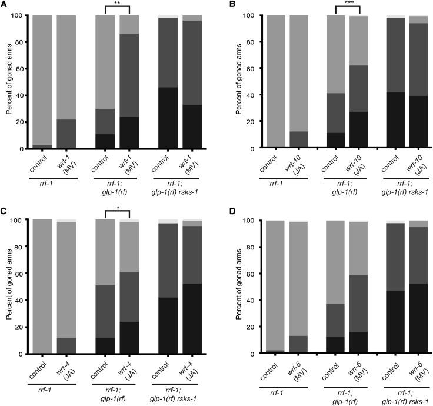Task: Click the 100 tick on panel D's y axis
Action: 247,221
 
